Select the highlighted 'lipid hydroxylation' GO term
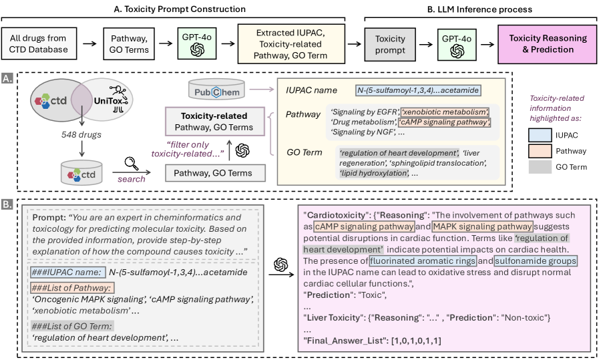click(x=374, y=172)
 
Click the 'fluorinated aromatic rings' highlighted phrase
click(x=422, y=260)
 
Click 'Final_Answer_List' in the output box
click(x=347, y=341)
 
